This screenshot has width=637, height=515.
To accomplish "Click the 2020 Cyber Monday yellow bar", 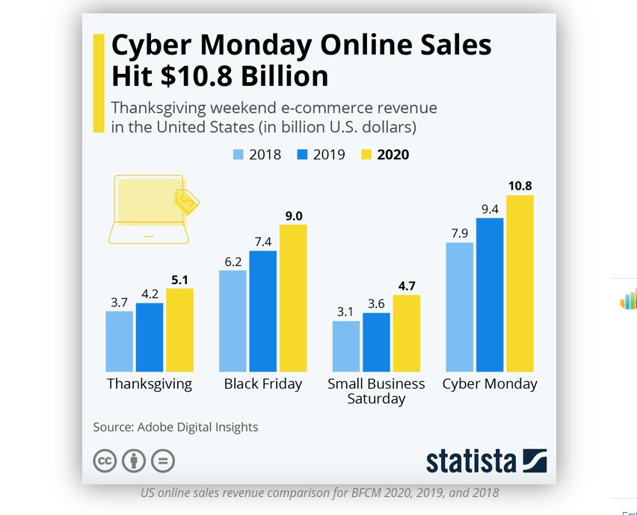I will point(520,283).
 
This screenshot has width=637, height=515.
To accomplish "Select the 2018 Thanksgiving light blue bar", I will point(119,341).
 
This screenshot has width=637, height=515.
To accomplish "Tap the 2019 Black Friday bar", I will point(262,311).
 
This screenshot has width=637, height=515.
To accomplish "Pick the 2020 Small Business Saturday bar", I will point(406,333).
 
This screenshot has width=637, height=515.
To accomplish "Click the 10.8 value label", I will point(520,186).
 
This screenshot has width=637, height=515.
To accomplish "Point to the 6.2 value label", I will point(233,262).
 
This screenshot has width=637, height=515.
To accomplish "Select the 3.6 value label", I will point(376,303).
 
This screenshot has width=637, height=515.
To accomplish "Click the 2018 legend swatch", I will point(239,155).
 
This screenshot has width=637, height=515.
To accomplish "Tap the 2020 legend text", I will point(393,155).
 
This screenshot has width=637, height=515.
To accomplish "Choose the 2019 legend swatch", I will point(302,155).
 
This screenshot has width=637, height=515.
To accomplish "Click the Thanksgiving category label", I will point(150,383).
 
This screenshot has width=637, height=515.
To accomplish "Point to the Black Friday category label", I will point(263,383).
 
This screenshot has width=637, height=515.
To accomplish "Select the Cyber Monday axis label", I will point(490,383).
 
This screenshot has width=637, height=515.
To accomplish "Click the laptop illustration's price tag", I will point(187,201).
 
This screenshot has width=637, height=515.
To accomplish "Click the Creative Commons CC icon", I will point(105,460).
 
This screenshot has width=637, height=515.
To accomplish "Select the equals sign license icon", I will point(163,460).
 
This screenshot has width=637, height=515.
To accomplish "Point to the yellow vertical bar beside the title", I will point(99,83).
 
